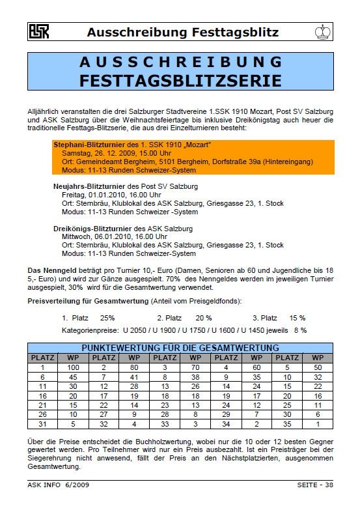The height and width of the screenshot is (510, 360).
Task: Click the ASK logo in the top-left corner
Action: [39, 31]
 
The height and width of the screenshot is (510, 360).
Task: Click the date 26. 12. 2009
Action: [118, 152]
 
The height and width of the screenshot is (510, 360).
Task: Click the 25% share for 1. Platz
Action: [107, 317]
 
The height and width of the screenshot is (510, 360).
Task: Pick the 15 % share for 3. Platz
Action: [298, 317]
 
